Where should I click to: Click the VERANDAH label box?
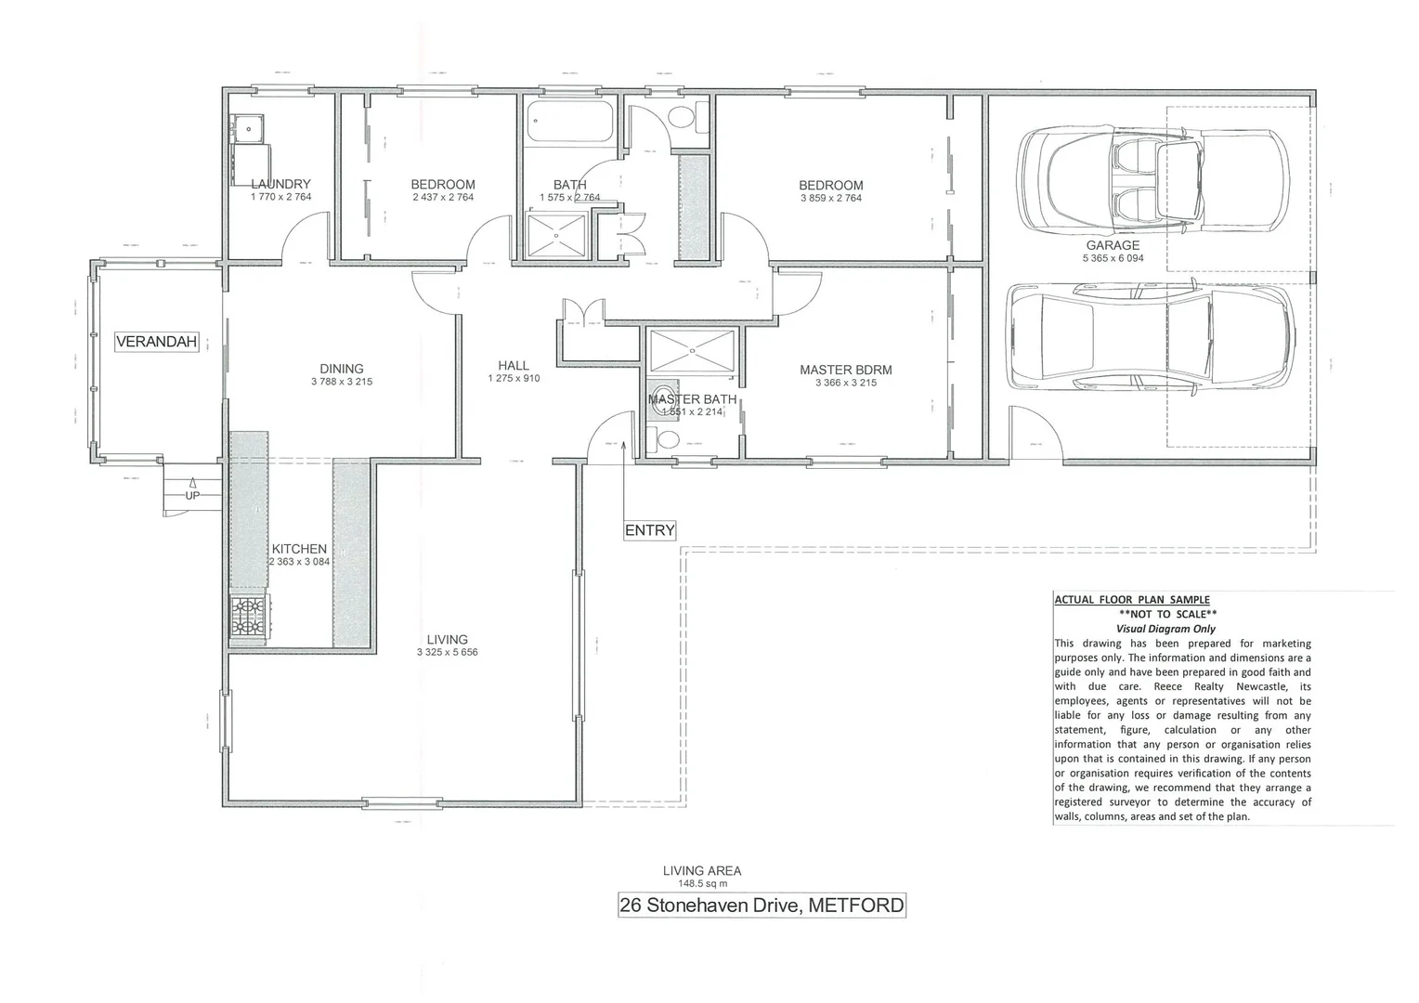tap(157, 342)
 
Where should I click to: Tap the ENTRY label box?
tap(649, 530)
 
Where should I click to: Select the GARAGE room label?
tap(1112, 246)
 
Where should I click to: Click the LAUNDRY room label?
tap(280, 185)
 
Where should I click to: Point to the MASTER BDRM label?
tap(845, 370)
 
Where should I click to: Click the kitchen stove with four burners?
tap(248, 619)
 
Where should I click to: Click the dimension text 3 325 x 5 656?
tap(447, 652)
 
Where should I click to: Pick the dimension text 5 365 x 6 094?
tap(1112, 258)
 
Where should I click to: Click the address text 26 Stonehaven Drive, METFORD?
tap(762, 905)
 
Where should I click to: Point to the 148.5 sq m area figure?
tap(702, 884)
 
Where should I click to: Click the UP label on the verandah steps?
tap(192, 495)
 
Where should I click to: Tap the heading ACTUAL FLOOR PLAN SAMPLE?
tap(1132, 600)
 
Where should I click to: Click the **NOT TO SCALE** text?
tap(1167, 614)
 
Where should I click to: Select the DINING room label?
tap(341, 369)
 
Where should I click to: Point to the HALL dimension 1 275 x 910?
tap(513, 378)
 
